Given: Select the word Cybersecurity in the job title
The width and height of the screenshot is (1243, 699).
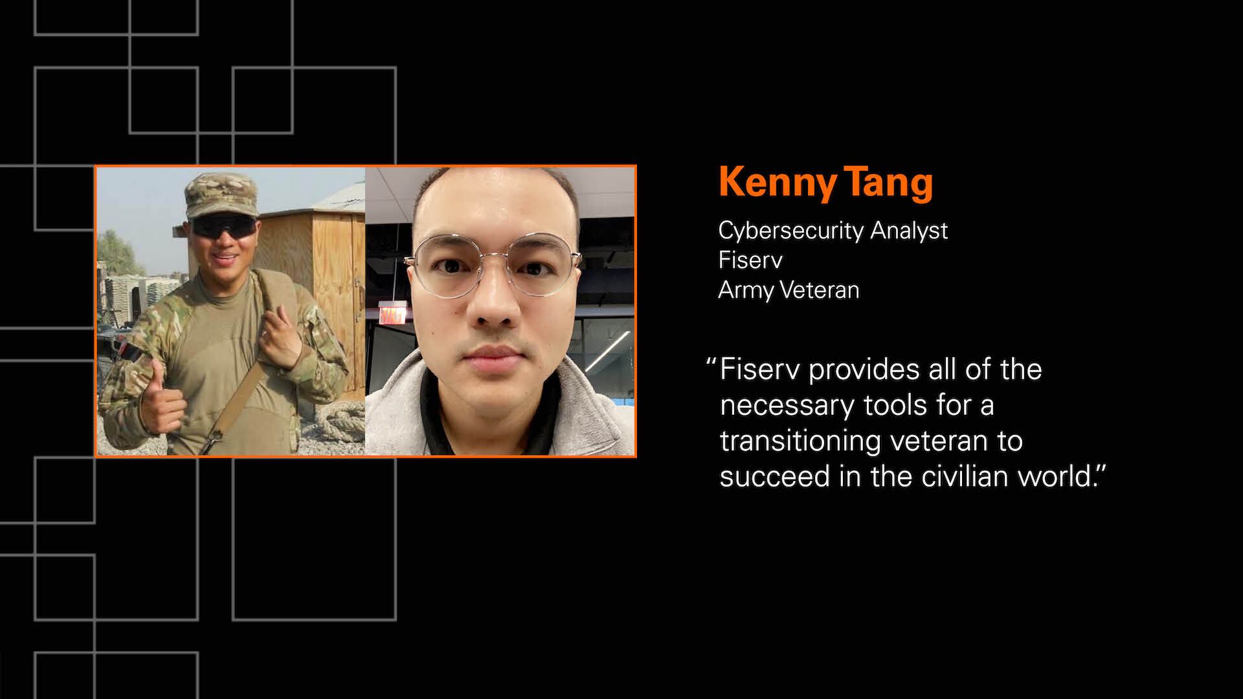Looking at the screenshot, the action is (790, 231).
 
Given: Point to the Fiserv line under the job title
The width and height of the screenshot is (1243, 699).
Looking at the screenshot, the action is (750, 260).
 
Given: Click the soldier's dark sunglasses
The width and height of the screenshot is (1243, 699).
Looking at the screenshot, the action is (224, 227).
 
